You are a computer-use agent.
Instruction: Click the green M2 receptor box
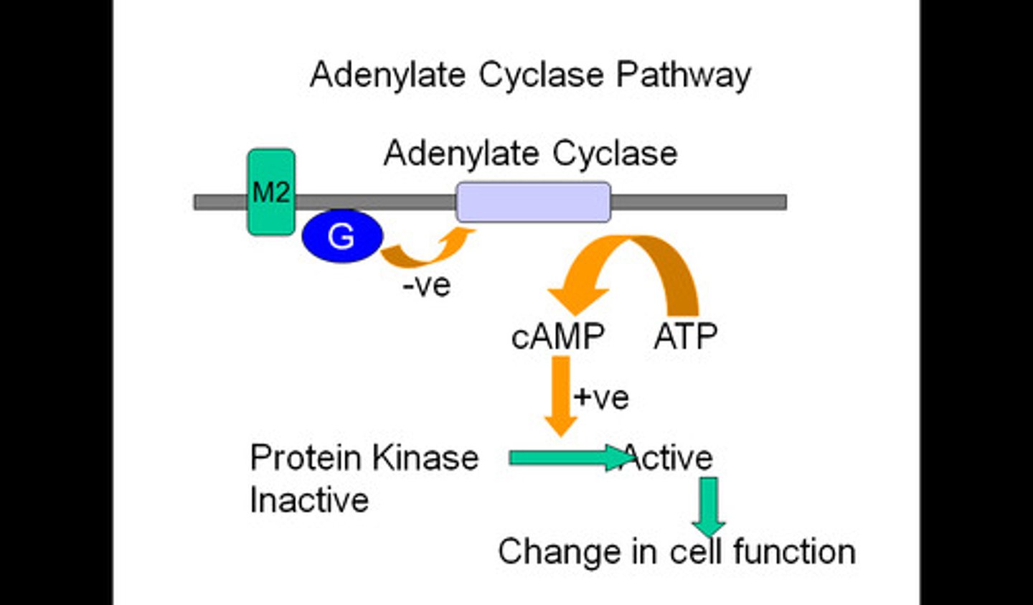click(271, 192)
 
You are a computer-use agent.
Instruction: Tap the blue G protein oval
click(342, 236)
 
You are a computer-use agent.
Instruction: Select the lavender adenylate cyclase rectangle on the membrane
click(533, 202)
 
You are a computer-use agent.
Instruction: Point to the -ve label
click(427, 286)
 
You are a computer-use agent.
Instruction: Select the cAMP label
click(557, 337)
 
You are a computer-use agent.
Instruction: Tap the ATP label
click(685, 337)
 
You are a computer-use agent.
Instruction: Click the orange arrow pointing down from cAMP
click(561, 395)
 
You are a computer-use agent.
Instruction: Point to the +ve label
click(601, 397)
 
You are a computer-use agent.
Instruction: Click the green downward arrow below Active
click(709, 507)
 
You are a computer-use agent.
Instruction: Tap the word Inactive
click(309, 500)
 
